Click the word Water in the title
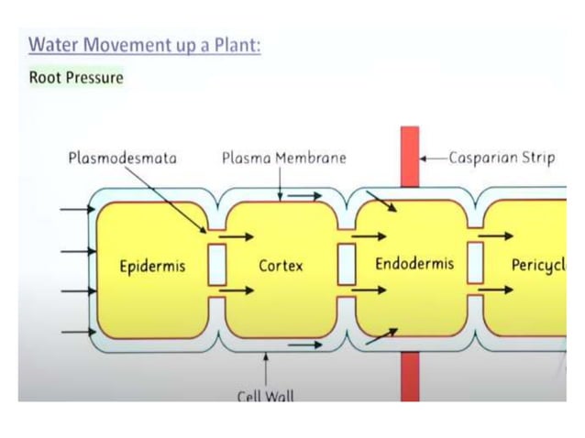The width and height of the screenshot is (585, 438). tap(53, 45)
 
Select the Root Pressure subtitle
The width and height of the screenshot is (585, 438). tap(76, 77)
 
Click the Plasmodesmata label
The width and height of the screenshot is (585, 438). tap(122, 158)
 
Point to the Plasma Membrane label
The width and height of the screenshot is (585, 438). tap(284, 158)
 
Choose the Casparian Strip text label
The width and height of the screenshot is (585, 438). tap(502, 158)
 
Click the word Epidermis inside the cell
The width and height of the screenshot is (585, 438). tap(152, 267)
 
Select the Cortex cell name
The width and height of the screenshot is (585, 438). tap(281, 267)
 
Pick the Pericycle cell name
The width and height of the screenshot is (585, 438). tap(537, 265)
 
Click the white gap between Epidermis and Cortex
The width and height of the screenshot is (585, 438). tap(217, 265)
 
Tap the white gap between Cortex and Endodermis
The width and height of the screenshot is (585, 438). tap(347, 265)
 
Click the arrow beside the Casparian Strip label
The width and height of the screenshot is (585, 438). tap(434, 158)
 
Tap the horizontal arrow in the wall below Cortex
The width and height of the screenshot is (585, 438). tap(305, 345)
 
